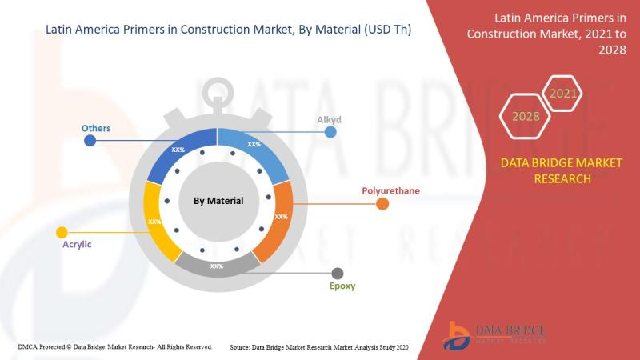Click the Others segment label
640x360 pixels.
pos(96,128)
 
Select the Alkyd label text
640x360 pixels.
pos(329,119)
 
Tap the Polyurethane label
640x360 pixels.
pos(390,190)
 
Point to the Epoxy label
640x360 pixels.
pos(342,286)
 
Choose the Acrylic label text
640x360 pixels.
pos(77,244)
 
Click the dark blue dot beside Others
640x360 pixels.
pos(90,141)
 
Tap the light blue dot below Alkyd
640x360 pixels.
pos(330,132)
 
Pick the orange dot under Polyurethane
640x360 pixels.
pos(382,204)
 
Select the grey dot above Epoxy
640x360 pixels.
pos(337,274)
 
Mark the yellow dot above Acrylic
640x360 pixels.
pos(62,233)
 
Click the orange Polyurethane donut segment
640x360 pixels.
pos(278,218)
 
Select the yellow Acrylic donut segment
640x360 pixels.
pos(157,221)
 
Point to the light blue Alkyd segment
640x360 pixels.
pos(255,151)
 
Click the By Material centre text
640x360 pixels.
pos(218,201)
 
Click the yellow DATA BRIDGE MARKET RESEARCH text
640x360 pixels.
pos(562,170)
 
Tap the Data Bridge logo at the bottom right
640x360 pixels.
pos(494,335)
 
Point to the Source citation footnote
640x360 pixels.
pos(318,347)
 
